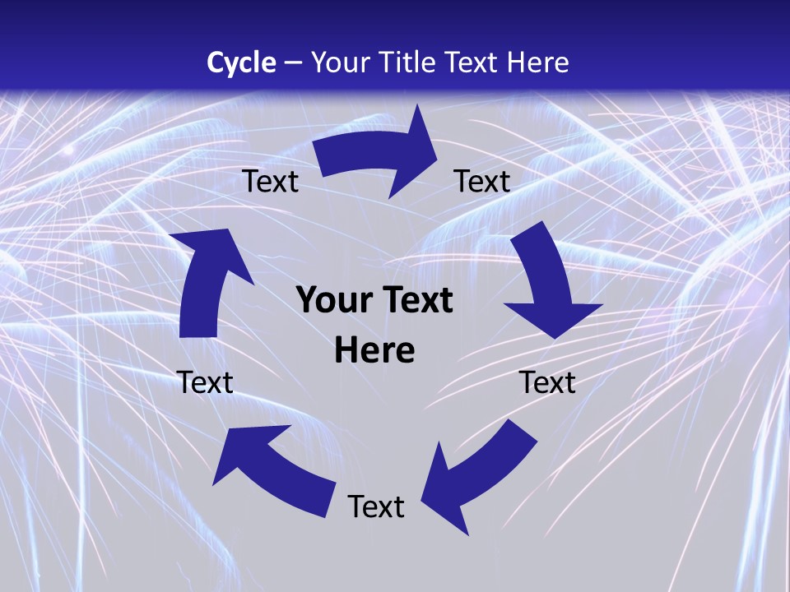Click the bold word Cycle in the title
[x=241, y=62]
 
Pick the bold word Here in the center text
[x=374, y=351]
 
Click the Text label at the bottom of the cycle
[x=376, y=506]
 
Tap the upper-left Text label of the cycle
[x=270, y=181]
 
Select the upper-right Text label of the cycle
[x=482, y=181]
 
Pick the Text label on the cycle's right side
[x=547, y=382]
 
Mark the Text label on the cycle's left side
[x=205, y=382]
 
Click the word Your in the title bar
[x=342, y=62]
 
